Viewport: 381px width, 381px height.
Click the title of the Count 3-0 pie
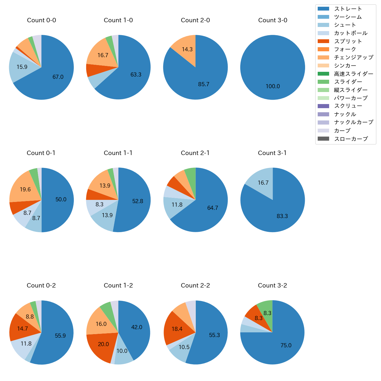tap(273, 20)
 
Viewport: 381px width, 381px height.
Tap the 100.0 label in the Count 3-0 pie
tap(273, 86)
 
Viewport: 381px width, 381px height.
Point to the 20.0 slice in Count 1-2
tap(101, 346)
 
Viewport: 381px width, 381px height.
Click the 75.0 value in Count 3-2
tap(286, 346)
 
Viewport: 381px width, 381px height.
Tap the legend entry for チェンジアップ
tap(353, 57)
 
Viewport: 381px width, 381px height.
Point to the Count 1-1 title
tap(118, 153)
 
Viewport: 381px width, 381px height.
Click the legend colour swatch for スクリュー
tap(323, 106)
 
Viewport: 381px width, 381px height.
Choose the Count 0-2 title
tap(41, 285)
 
